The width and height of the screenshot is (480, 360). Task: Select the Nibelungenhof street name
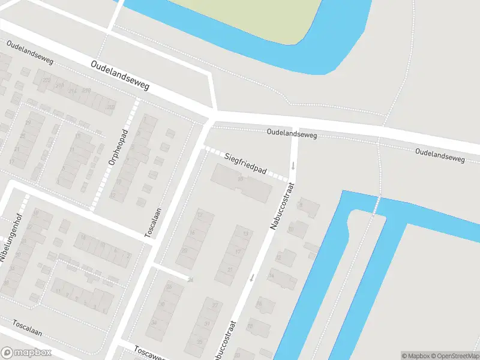click(8, 236)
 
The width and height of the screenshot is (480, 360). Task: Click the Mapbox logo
click(26, 353)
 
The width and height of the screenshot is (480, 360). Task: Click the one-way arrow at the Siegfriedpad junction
click(293, 165)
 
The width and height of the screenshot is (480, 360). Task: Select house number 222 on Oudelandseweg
click(46, 80)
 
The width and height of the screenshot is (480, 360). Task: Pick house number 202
click(110, 107)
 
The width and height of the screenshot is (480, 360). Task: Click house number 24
click(191, 280)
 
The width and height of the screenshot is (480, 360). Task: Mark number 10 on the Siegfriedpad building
click(241, 179)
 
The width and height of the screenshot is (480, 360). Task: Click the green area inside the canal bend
click(252, 15)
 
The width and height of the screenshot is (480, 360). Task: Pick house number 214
click(73, 91)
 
